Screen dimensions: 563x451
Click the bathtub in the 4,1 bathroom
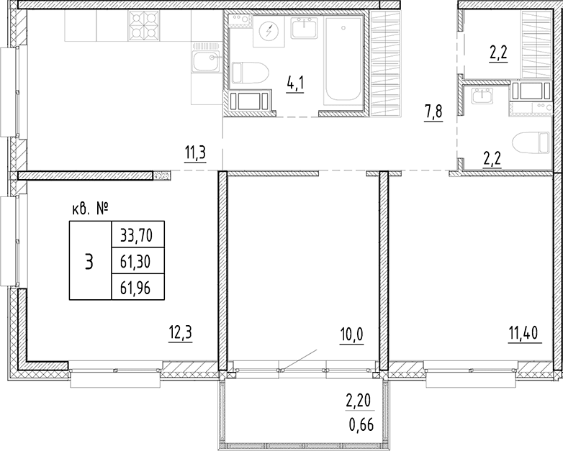(343, 60)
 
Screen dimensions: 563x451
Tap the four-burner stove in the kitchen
(143, 25)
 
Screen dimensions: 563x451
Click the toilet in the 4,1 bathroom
(250, 73)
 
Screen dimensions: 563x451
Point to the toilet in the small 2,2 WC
(531, 147)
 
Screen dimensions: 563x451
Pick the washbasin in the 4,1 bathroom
(305, 28)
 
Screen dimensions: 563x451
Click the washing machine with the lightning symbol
(269, 31)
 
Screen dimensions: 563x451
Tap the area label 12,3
(181, 333)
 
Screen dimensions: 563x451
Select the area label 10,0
(352, 334)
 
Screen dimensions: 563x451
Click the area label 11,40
(525, 333)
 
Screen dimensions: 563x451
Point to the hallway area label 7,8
(433, 113)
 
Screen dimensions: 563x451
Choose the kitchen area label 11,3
(195, 154)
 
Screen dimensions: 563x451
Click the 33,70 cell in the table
(138, 234)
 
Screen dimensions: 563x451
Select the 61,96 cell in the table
(138, 287)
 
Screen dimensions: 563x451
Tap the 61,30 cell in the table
(138, 261)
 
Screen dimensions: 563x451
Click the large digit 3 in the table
(89, 261)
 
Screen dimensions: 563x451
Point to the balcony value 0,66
(361, 425)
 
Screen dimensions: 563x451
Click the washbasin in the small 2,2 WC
(483, 96)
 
